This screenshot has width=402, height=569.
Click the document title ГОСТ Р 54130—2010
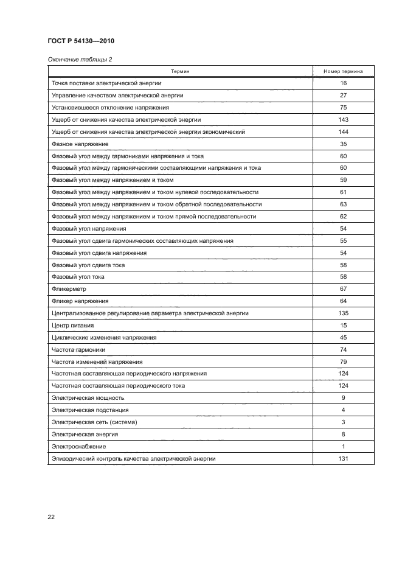81,41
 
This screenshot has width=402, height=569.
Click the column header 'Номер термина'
343,71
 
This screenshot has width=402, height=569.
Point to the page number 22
51,517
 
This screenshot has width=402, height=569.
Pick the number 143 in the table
343,120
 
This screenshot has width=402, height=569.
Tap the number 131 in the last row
343,459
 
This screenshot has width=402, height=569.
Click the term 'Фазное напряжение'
80,144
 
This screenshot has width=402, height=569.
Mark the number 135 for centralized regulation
343,313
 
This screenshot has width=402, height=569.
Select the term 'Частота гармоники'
79,350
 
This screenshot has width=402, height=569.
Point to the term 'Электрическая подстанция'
89,410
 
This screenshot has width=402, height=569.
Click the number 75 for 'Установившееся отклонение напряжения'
343,108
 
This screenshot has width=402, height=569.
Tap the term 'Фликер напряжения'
80,301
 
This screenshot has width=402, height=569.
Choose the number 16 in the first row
343,83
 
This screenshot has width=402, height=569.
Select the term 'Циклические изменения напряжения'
105,338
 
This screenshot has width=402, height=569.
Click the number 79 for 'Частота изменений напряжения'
343,362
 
